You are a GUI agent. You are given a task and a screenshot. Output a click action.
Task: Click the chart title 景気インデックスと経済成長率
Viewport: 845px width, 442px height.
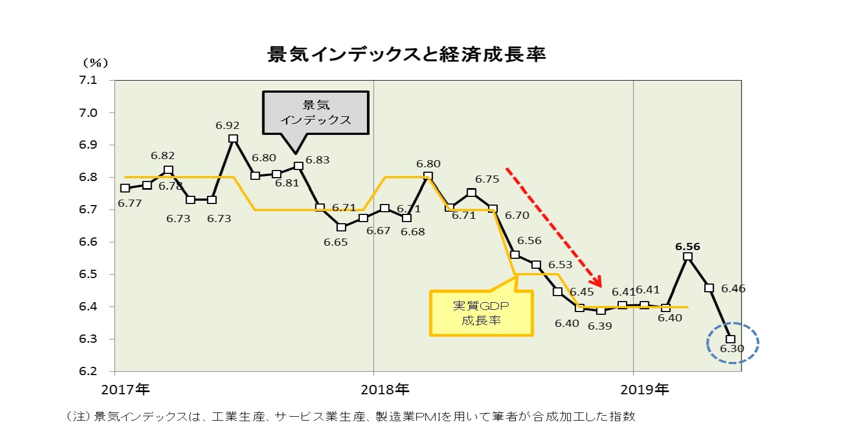[406, 55]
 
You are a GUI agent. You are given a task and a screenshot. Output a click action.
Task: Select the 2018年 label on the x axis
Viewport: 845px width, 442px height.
[385, 390]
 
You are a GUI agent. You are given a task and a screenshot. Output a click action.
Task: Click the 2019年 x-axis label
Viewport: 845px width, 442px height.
[645, 390]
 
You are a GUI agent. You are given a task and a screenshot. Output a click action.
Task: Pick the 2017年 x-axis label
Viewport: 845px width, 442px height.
[125, 390]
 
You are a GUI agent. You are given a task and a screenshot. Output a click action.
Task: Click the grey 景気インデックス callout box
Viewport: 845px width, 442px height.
[315, 112]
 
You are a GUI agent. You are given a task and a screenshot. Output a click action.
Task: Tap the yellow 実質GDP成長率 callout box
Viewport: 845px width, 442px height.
[481, 313]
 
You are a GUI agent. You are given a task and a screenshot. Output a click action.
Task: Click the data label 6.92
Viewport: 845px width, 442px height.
[227, 126]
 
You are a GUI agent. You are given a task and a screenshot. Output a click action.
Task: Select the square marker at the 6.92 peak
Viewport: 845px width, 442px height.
[233, 139]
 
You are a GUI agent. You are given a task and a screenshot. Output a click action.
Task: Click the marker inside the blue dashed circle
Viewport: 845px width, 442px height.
[731, 339]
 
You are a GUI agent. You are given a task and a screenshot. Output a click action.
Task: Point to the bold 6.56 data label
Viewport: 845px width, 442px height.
[688, 247]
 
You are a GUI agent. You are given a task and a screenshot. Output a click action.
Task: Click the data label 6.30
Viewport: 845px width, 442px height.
[732, 349]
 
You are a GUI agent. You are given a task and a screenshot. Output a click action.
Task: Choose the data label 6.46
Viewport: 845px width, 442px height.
[733, 288]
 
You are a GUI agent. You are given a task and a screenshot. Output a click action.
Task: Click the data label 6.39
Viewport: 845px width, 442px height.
[600, 326]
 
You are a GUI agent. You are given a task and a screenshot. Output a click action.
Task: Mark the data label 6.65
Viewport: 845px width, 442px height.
[336, 242]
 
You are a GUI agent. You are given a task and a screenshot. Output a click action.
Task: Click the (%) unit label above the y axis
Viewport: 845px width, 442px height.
[95, 63]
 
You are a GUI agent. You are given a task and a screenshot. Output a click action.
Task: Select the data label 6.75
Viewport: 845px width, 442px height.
[487, 179]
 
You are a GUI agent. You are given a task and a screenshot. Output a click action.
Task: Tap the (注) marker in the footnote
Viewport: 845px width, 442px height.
[77, 417]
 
